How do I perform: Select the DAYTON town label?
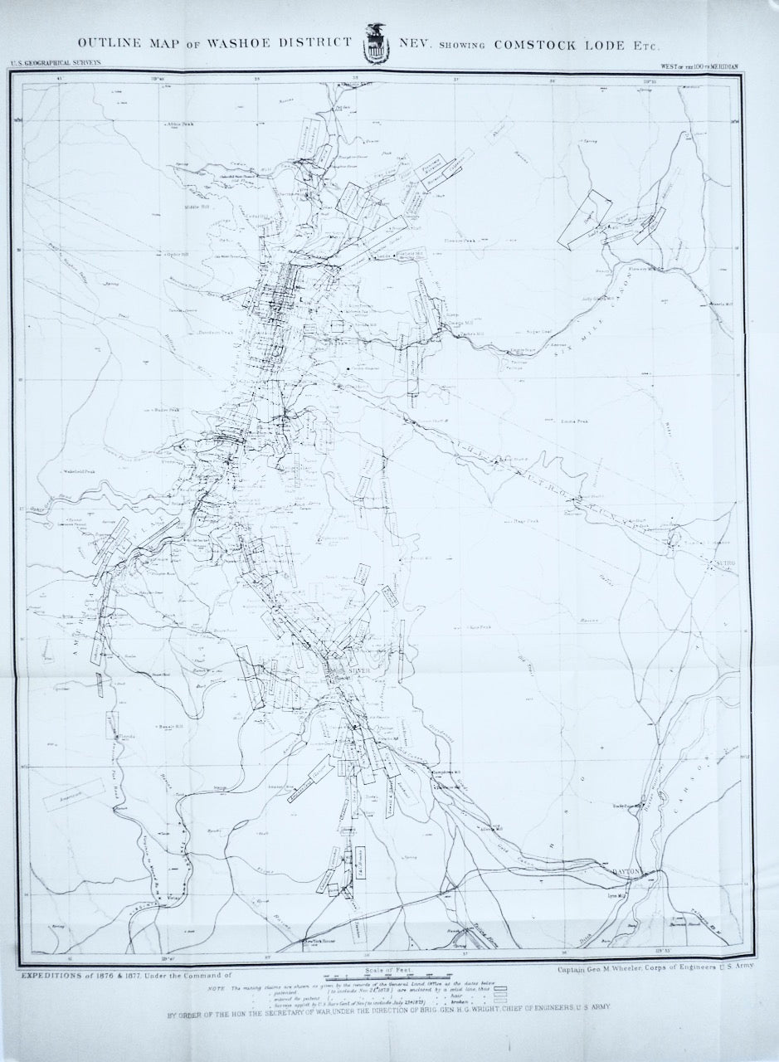click(628, 871)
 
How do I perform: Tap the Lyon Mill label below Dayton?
click(616, 897)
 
